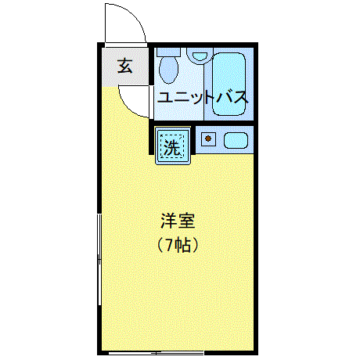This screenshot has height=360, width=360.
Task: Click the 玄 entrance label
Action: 125,66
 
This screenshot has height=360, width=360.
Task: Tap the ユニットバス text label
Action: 203,98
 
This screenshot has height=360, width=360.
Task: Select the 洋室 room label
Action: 178,221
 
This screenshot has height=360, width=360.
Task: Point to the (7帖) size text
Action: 178,245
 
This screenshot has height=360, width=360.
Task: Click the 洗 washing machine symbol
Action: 173,146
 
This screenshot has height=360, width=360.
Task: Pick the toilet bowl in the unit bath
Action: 168,70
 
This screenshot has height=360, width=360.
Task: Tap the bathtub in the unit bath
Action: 229,84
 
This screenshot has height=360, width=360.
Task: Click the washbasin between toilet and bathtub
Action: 200,55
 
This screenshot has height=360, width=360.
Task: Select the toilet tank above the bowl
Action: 168,52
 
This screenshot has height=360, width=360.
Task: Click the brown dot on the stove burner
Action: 208,139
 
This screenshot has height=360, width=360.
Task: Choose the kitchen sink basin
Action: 236,140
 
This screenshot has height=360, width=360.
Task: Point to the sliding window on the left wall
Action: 99,260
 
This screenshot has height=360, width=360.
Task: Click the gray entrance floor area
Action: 125,67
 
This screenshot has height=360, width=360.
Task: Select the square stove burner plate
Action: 208,139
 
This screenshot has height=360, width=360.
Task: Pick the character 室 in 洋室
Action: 186,221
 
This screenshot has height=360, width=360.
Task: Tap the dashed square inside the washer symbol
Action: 172,146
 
